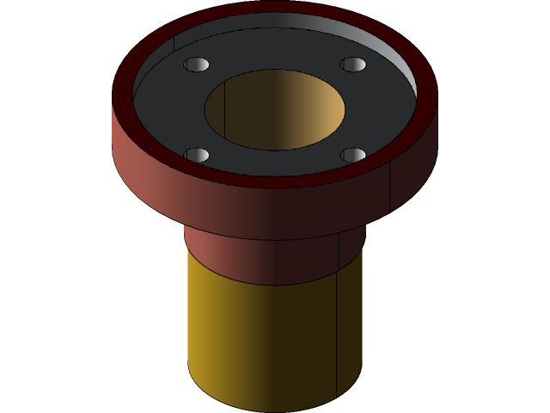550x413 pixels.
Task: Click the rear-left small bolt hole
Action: click(x=197, y=65)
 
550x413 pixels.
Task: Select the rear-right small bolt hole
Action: click(x=353, y=65)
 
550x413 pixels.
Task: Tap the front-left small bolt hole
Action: click(x=197, y=155)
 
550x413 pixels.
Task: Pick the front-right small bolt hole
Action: click(x=353, y=155)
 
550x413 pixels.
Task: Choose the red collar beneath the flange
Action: click(x=258, y=258)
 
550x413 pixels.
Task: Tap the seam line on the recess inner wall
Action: click(x=174, y=43)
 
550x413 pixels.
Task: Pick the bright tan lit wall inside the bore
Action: click(x=322, y=112)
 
